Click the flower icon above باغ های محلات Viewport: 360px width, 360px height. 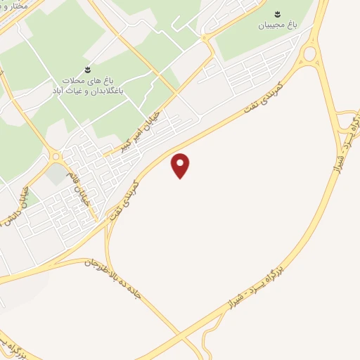(x=87, y=68)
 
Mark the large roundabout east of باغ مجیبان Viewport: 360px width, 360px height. (x=308, y=53)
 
